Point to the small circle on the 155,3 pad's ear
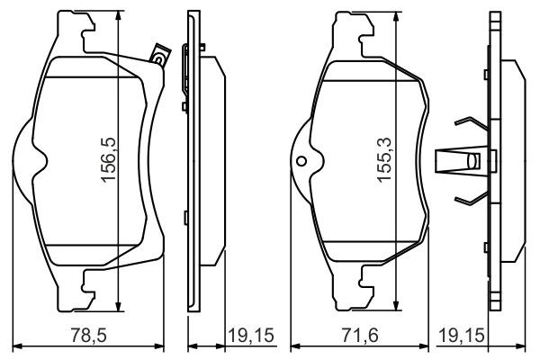(x=302, y=163)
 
